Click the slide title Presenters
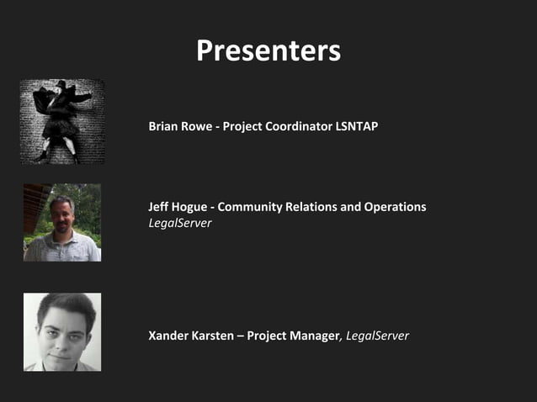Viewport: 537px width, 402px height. (268, 51)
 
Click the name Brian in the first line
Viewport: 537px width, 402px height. (164, 126)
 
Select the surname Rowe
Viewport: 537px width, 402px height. (199, 126)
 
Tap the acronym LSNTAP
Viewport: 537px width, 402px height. (357, 126)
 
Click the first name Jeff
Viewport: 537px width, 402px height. (160, 207)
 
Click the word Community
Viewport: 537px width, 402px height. (254, 207)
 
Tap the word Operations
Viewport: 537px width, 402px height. (395, 207)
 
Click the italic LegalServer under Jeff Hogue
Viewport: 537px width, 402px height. (179, 223)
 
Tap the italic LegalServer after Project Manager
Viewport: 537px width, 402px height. (377, 336)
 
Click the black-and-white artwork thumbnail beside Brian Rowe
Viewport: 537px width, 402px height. (62, 122)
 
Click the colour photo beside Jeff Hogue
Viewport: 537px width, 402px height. (62, 223)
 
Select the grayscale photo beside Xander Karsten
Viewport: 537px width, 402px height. (62, 332)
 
